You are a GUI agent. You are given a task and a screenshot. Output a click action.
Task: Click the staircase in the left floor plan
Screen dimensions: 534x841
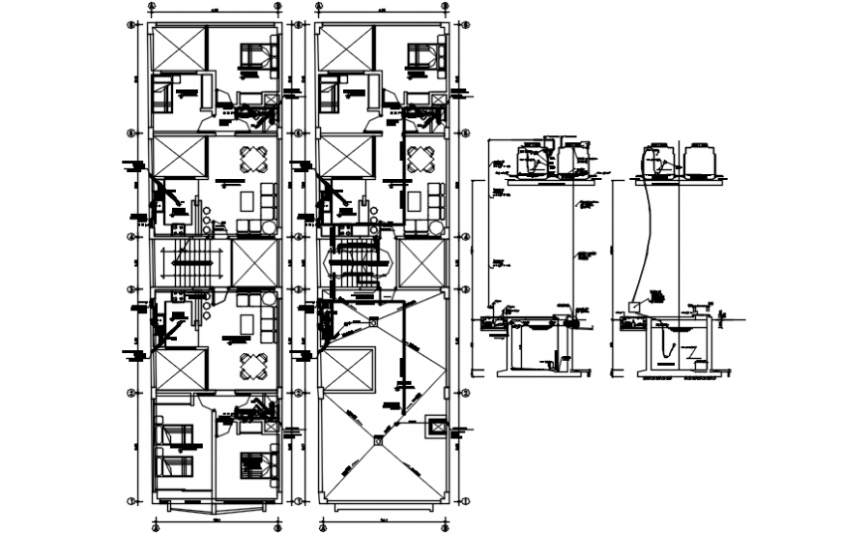[x=189, y=262]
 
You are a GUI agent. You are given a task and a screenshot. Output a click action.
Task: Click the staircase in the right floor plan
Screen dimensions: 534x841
[x=358, y=262]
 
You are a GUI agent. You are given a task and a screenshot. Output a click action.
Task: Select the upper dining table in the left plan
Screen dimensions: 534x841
[x=253, y=159]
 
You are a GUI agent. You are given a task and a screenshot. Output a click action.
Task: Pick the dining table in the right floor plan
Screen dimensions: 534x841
[x=421, y=159]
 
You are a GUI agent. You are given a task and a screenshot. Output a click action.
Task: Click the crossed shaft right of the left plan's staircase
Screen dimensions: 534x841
[x=254, y=262]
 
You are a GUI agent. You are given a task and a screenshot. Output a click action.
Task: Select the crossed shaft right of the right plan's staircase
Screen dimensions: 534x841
[x=420, y=262]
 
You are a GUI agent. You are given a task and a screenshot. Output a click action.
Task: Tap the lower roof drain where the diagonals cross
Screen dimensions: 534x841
[x=378, y=438]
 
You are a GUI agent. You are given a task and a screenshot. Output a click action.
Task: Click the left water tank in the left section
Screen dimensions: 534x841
[x=530, y=161]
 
